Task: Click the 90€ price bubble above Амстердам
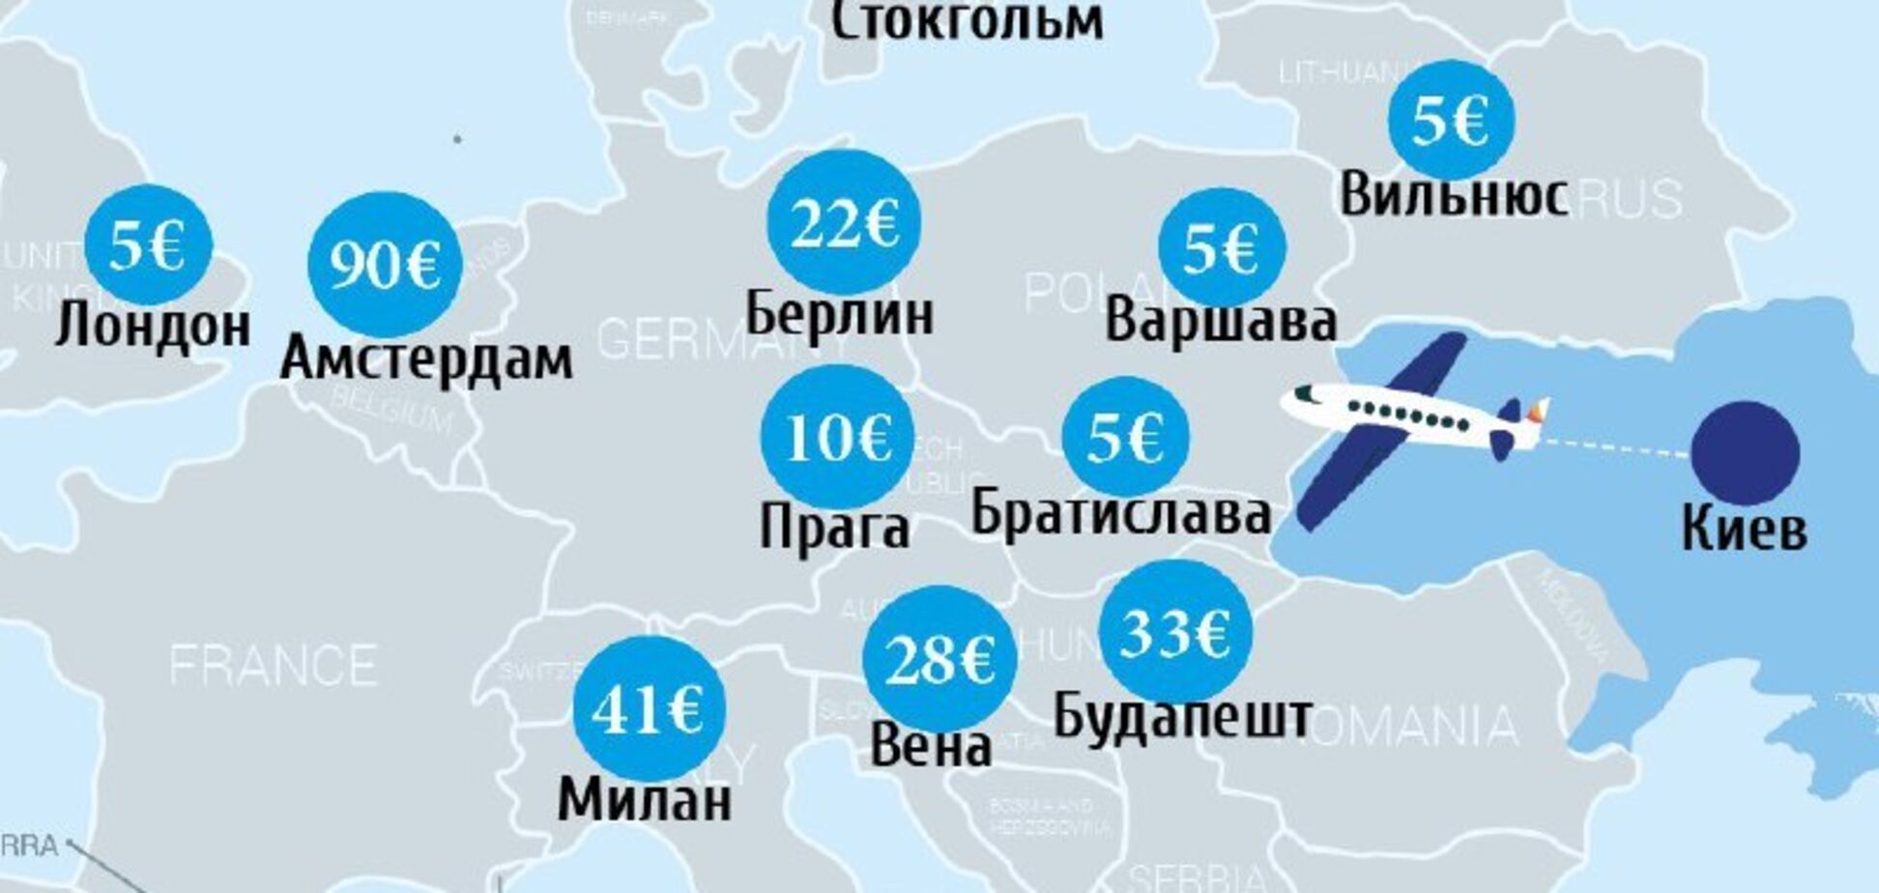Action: (385, 264)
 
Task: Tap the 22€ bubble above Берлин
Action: (844, 223)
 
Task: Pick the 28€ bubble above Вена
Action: (939, 659)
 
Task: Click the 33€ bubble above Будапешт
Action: (1174, 632)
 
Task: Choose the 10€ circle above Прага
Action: (837, 438)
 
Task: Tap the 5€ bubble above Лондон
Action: (148, 245)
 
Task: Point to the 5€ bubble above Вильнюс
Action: (1450, 121)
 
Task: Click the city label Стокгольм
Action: (967, 21)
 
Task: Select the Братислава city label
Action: (1120, 512)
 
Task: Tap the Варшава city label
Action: (1221, 321)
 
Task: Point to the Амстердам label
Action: (426, 360)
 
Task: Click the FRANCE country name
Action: (274, 666)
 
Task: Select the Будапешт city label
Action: (1182, 716)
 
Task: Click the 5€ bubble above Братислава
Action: (1125, 437)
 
